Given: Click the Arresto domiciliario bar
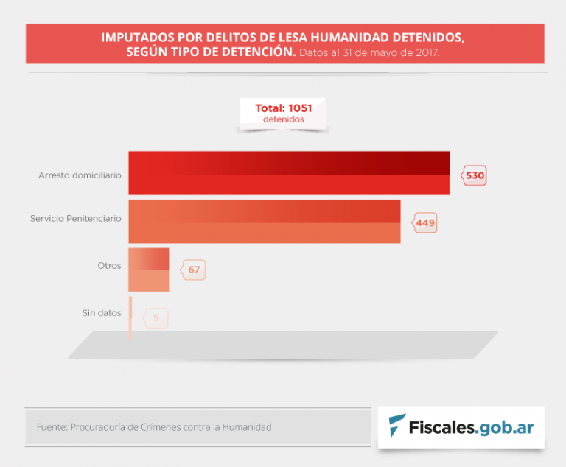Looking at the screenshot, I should pyautogui.click(x=289, y=173).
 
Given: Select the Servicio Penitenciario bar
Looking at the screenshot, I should pyautogui.click(x=264, y=221).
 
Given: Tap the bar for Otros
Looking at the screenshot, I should pyautogui.click(x=149, y=269).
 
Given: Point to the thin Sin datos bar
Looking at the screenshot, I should pyautogui.click(x=130, y=317).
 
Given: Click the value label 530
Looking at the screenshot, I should pyautogui.click(x=475, y=176).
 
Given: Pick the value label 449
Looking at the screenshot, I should pyautogui.click(x=426, y=223).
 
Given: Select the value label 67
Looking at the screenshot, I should pyautogui.click(x=194, y=270).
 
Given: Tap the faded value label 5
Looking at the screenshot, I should pyautogui.click(x=156, y=318).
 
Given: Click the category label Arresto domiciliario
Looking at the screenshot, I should pyautogui.click(x=80, y=175).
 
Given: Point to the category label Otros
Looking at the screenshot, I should pyautogui.click(x=109, y=265).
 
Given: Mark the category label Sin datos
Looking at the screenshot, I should pyautogui.click(x=102, y=313).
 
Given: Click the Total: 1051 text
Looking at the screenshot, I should pyautogui.click(x=283, y=108).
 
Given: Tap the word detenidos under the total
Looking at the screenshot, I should pyautogui.click(x=283, y=119).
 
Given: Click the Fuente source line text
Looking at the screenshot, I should pyautogui.click(x=153, y=427).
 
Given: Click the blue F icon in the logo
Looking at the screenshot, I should pyautogui.click(x=396, y=426).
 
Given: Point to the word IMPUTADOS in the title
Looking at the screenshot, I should pyautogui.click(x=139, y=37).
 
